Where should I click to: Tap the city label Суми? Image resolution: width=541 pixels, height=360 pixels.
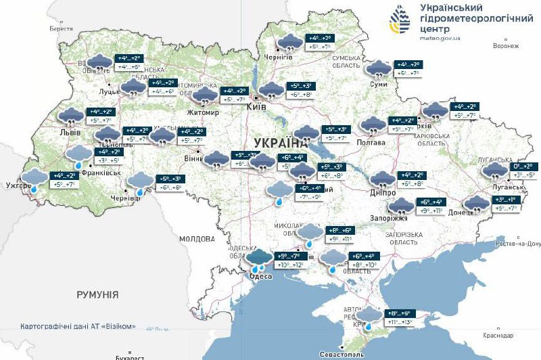[379, 84]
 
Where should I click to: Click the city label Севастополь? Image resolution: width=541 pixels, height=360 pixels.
[342, 354]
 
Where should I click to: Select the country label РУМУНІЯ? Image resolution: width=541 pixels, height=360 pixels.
[97, 295]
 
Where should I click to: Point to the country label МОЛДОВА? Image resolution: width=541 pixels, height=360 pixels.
[197, 239]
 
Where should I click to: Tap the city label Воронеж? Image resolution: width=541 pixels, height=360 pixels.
[506, 46]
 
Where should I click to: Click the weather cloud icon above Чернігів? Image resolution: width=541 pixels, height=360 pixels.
[291, 42]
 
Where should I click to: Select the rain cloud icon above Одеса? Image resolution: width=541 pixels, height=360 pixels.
[259, 259]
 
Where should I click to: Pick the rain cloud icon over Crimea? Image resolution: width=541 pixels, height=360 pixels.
[369, 317]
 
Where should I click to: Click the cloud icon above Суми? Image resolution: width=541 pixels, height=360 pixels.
[377, 68]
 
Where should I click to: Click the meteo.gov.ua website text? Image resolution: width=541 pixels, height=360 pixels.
[440, 39]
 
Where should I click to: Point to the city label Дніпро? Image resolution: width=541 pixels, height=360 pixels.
[382, 192]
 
